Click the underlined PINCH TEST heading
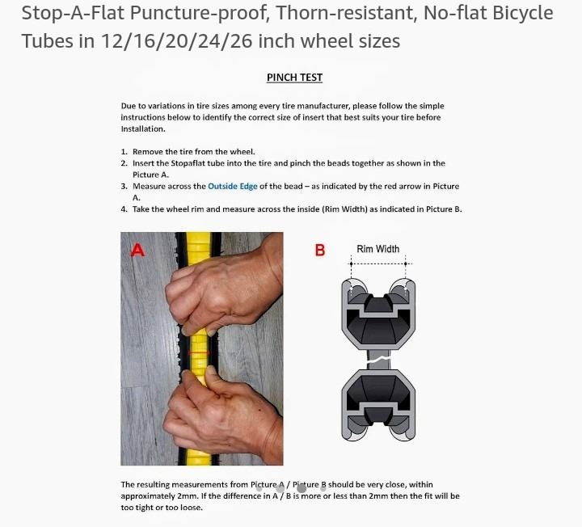pos(294,78)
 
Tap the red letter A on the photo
pos(137,250)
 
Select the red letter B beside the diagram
pos(320,250)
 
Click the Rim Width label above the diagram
pos(377,249)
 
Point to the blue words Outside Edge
pos(232,186)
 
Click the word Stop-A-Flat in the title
pos(73,14)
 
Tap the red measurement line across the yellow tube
pos(200,352)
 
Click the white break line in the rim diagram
pos(378,359)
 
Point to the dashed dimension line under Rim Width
pos(378,263)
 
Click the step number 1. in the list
pos(124,152)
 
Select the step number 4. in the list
pos(124,209)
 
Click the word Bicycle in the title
pos(523,14)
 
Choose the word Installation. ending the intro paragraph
pos(143,129)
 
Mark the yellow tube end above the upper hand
pos(199,248)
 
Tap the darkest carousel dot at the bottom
pos(302,488)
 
